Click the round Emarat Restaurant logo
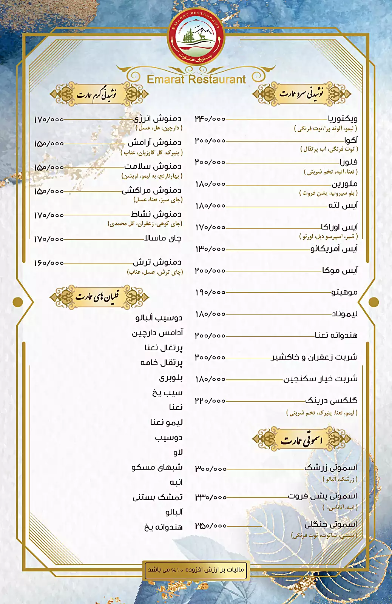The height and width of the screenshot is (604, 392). pyautogui.click(x=196, y=38)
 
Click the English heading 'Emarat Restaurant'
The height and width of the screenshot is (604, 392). pyautogui.click(x=196, y=80)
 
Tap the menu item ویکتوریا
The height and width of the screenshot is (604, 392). pyautogui.click(x=343, y=119)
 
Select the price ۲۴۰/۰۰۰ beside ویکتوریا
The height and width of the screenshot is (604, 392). pyautogui.click(x=210, y=119)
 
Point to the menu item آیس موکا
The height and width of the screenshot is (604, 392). pyautogui.click(x=340, y=271)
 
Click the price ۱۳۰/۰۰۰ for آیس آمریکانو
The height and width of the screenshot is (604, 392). pyautogui.click(x=210, y=249)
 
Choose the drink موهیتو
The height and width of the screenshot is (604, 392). pyautogui.click(x=344, y=292)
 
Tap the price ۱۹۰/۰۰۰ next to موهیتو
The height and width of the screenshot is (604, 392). pyautogui.click(x=210, y=293)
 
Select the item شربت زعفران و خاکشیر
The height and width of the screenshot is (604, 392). pyautogui.click(x=314, y=357)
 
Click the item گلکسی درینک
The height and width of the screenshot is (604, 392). pyautogui.click(x=331, y=401)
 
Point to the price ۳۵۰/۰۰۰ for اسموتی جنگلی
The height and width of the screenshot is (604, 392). pyautogui.click(x=211, y=526)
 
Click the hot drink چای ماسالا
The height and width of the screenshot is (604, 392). pyautogui.click(x=163, y=238)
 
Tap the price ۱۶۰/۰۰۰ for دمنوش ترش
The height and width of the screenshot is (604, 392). pyautogui.click(x=49, y=263)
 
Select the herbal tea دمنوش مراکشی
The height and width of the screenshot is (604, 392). pyautogui.click(x=151, y=191)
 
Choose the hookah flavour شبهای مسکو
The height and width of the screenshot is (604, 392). pyautogui.click(x=157, y=467)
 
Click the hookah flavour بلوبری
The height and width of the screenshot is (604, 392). pyautogui.click(x=171, y=378)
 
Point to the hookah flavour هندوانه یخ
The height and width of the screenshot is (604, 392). pyautogui.click(x=163, y=527)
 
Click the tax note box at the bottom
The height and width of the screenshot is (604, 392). pyautogui.click(x=196, y=570)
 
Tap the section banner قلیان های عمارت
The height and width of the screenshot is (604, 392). pyautogui.click(x=99, y=297)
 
